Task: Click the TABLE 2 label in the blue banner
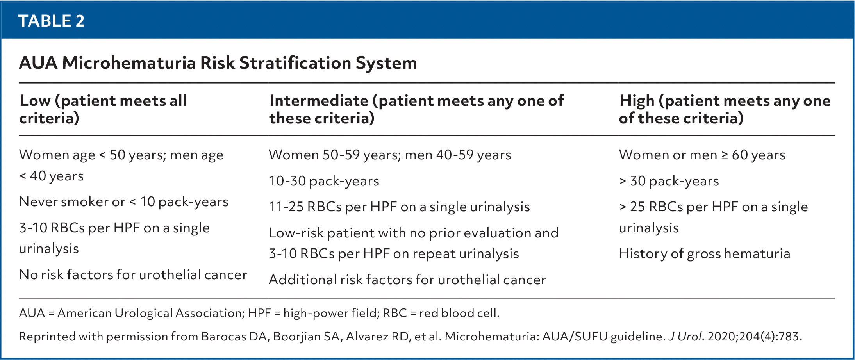[x=51, y=21]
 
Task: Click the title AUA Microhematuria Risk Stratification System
[x=218, y=63]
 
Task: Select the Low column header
[x=103, y=109]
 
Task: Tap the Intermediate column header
[x=416, y=109]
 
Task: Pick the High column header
[x=725, y=109]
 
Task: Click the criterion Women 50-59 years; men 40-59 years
[x=390, y=155]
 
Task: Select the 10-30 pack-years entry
[x=324, y=181]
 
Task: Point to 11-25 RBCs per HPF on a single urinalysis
[x=399, y=207]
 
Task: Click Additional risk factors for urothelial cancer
[x=407, y=280]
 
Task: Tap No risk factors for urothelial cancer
[x=133, y=275]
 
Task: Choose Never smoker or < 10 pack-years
[x=124, y=202]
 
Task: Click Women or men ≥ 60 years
[x=702, y=155]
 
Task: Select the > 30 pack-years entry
[x=669, y=181]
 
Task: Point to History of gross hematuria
[x=705, y=254]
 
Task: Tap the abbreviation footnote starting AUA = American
[x=259, y=313]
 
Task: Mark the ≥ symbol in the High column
[x=725, y=155]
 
